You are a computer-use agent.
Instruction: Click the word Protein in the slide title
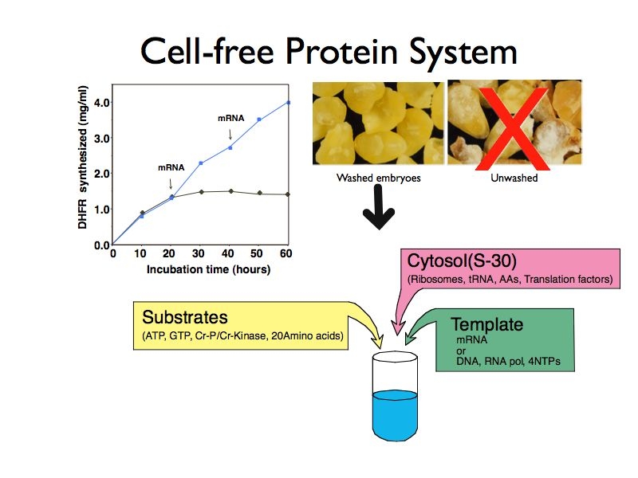pos(341,51)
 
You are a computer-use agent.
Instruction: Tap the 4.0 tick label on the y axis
pos(102,103)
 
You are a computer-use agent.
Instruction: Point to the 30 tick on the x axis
pos(199,253)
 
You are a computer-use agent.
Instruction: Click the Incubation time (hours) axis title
pos(208,269)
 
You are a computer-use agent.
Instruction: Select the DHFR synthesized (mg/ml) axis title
pos(83,157)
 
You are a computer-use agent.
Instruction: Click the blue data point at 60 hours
pos(289,103)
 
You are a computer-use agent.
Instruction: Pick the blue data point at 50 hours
pos(258,119)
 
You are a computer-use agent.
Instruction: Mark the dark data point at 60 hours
pos(288,194)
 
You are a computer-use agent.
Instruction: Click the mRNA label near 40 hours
pos(231,118)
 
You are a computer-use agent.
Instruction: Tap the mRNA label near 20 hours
pos(171,167)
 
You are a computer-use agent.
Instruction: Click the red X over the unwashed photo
pos(514,128)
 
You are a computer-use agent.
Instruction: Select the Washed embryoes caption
pos(378,178)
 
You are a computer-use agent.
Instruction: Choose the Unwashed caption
pos(514,178)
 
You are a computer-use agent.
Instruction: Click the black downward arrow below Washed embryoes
pos(378,207)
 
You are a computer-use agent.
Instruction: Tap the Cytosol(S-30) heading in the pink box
pos(462,261)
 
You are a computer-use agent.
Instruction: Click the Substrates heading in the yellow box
pos(185,317)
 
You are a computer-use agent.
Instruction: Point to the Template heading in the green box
pos(487,324)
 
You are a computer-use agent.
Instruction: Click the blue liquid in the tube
pos(395,414)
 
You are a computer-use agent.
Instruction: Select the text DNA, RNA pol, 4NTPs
pos(508,362)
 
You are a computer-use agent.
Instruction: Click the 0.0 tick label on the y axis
pos(102,245)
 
